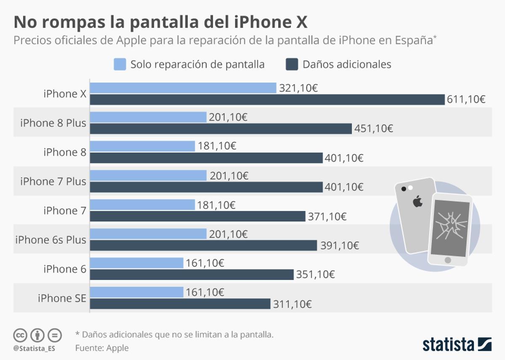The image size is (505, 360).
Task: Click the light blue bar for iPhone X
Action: (x=183, y=88)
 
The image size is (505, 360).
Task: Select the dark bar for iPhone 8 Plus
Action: (x=221, y=128)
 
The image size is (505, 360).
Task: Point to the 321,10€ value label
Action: (x=298, y=88)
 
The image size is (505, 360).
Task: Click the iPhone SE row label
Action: (x=62, y=299)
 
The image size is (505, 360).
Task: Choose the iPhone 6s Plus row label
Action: (x=50, y=240)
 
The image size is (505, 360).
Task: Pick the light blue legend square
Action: (x=120, y=64)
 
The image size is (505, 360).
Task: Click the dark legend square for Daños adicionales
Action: (x=292, y=64)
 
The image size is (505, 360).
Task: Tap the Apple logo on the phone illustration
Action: (x=417, y=202)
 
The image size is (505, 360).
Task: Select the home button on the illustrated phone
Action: (x=448, y=260)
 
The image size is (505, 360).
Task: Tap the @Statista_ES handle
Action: (x=34, y=349)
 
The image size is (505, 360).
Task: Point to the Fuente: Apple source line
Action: (x=102, y=348)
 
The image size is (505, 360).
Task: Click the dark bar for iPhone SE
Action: (x=180, y=304)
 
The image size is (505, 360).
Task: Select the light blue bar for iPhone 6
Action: (x=137, y=263)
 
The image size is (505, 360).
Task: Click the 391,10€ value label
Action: (x=339, y=245)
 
